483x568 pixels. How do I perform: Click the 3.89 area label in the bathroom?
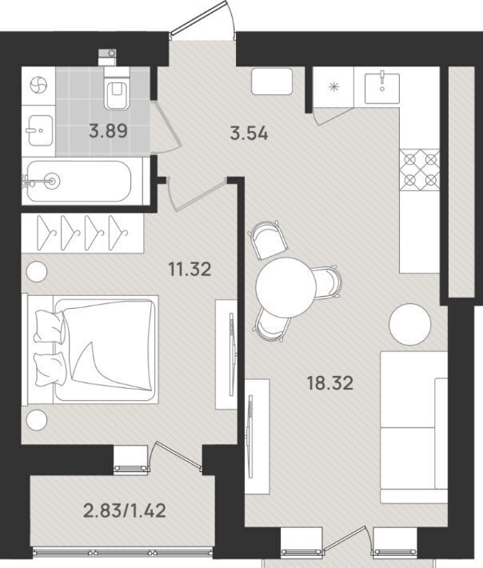click(108, 130)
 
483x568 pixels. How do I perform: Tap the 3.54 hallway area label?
click(249, 134)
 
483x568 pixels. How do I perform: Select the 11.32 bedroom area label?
click(190, 270)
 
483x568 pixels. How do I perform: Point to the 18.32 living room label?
click(329, 383)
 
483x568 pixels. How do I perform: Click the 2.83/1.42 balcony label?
click(125, 510)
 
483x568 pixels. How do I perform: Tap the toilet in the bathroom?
click(116, 88)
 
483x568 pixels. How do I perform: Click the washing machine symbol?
click(38, 86)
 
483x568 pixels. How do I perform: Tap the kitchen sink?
click(382, 88)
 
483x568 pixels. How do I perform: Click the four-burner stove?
click(420, 170)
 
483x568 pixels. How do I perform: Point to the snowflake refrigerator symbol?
click(333, 87)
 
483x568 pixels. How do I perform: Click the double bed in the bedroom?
click(90, 350)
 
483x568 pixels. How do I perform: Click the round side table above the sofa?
click(410, 325)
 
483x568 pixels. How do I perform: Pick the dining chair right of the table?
click(327, 283)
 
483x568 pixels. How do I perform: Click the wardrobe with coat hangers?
click(82, 233)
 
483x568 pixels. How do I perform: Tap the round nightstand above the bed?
click(37, 271)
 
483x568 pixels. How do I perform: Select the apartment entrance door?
click(202, 18)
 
